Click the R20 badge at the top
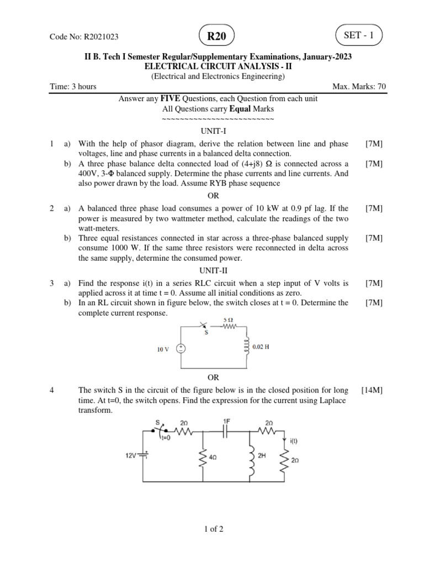[x=216, y=36]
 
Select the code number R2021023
[x=101, y=37]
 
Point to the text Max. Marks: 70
[x=359, y=87]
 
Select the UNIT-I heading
[x=213, y=132]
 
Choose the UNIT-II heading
[x=213, y=271]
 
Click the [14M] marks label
[x=372, y=390]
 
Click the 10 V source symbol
[x=180, y=349]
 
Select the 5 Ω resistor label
[x=227, y=320]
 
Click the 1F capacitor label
[x=226, y=421]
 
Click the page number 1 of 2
[x=213, y=529]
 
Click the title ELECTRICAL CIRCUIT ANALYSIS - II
[x=212, y=66]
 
